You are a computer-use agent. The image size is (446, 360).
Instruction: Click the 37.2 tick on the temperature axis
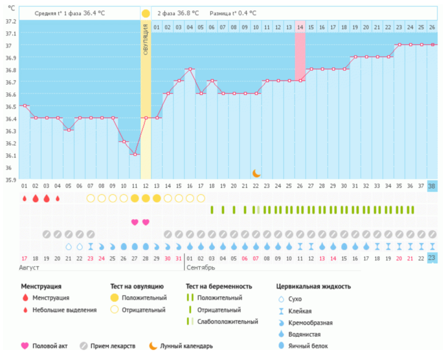pos(9,21)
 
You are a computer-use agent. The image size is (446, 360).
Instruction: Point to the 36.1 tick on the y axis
pos(9,155)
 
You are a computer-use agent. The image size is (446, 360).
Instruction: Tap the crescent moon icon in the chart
pos(257,173)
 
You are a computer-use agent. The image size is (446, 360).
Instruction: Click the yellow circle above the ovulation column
pos(145,13)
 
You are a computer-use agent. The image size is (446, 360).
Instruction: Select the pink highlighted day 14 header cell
pos(300,27)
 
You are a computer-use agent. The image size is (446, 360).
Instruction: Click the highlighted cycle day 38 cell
pos(432,186)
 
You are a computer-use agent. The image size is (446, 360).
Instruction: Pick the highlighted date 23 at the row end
pos(432,258)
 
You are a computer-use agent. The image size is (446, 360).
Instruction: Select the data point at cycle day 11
pos(134,154)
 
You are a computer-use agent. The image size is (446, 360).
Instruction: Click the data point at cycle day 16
pos(189,69)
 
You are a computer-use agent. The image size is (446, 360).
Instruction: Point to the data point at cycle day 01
pos(24,106)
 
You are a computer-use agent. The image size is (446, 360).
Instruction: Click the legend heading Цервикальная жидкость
pos(313,286)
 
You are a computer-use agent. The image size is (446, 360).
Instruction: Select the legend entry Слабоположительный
pos(227,321)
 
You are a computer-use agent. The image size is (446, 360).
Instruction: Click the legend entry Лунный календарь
pos(186,346)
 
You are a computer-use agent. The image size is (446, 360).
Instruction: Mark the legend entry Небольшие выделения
pos(64,310)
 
